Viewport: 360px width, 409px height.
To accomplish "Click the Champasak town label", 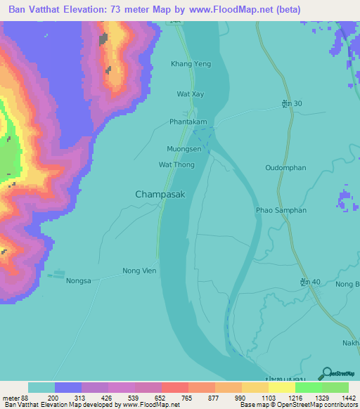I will pos(160,194).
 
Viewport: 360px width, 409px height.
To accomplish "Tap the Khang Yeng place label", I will pos(191,64).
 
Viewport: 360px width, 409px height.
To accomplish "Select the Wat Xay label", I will pos(191,93).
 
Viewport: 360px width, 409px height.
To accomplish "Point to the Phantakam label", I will pos(188,122).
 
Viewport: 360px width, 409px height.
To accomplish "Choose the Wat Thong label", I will pos(176,165).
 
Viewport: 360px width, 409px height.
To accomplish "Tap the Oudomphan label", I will pos(284,167).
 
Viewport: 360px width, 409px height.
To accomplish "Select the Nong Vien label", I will pos(139,271).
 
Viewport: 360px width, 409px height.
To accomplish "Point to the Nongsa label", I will pos(79,281).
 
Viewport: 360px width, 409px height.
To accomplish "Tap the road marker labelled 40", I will pos(309,282).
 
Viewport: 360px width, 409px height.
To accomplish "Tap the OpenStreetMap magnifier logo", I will pos(326,372).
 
